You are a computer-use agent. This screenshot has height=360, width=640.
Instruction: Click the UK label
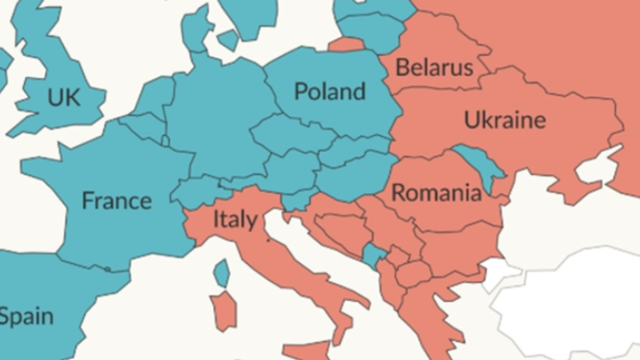(64, 98)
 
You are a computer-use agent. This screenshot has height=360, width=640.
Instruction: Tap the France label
(116, 201)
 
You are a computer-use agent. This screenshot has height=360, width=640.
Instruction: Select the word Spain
(27, 317)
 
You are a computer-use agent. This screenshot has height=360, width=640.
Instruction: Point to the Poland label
(330, 91)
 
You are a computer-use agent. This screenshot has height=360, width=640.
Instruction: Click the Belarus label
(434, 68)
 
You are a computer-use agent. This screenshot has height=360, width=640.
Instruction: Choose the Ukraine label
(505, 119)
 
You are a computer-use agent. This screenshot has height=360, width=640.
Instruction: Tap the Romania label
(436, 193)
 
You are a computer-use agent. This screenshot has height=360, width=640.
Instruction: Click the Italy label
(235, 219)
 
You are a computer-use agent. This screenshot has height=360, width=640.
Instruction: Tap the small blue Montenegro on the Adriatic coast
(372, 255)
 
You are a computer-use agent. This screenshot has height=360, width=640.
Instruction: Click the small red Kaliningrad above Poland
(347, 44)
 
